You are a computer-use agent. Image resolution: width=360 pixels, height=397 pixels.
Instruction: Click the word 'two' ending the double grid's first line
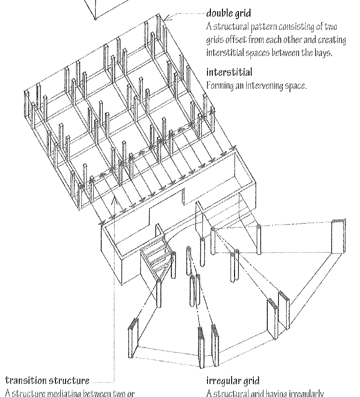click(340, 25)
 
